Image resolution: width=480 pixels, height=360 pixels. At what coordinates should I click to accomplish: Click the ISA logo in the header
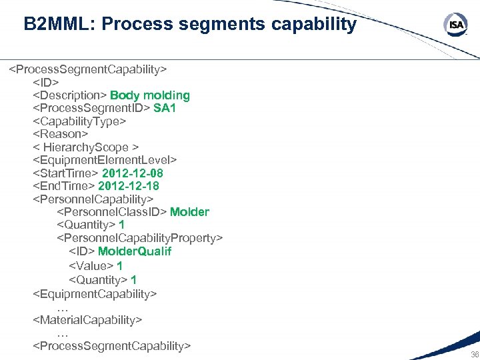pyautogui.click(x=455, y=25)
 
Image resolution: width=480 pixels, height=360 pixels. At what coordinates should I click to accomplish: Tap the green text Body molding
pyautogui.click(x=150, y=95)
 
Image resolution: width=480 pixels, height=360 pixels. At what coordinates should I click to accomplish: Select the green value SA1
pyautogui.click(x=165, y=108)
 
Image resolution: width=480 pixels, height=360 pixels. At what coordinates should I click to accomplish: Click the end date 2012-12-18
pyautogui.click(x=129, y=186)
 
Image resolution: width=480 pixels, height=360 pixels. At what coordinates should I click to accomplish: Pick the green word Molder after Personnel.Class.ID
pyautogui.click(x=189, y=212)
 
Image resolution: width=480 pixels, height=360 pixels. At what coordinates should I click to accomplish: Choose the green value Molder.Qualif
pyautogui.click(x=135, y=251)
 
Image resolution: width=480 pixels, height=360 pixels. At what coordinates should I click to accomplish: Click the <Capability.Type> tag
pyautogui.click(x=79, y=121)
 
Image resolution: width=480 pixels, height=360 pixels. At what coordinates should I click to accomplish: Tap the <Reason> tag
pyautogui.click(x=61, y=134)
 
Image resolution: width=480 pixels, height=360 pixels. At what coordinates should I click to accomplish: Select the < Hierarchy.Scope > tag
pyautogui.click(x=86, y=147)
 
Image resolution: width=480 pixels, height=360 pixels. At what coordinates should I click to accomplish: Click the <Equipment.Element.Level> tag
pyautogui.click(x=105, y=160)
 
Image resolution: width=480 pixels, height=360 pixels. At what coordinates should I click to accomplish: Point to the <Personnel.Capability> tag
pyautogui.click(x=93, y=199)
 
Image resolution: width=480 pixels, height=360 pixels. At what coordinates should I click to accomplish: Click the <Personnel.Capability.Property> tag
pyautogui.click(x=140, y=238)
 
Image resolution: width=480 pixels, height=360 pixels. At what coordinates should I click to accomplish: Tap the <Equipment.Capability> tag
pyautogui.click(x=95, y=293)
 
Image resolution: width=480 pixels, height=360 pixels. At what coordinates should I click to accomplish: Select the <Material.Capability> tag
pyautogui.click(x=87, y=320)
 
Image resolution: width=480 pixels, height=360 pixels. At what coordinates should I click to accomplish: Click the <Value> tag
pyautogui.click(x=91, y=266)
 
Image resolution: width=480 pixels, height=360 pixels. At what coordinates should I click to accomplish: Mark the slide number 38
pyautogui.click(x=474, y=355)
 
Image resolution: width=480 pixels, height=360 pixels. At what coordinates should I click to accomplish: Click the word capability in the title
pyautogui.click(x=313, y=25)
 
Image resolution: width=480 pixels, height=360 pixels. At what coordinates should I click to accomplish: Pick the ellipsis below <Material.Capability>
pyautogui.click(x=63, y=333)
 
